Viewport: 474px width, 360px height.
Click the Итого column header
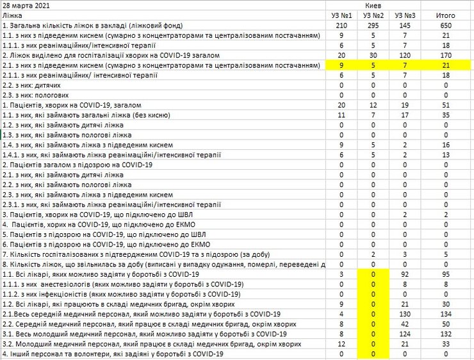click(x=445, y=15)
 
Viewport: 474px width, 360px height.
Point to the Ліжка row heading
click(x=12, y=15)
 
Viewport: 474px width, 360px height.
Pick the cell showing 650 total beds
click(x=445, y=25)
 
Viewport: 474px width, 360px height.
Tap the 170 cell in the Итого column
click(x=445, y=55)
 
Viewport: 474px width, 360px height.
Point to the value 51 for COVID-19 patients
click(x=445, y=105)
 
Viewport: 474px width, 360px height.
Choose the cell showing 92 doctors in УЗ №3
click(x=404, y=274)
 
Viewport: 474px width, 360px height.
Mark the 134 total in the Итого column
click(x=445, y=314)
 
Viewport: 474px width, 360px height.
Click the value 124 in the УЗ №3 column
click(x=404, y=334)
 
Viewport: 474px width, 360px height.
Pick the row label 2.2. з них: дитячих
click(x=32, y=85)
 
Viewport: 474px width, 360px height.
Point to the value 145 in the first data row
click(x=404, y=25)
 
